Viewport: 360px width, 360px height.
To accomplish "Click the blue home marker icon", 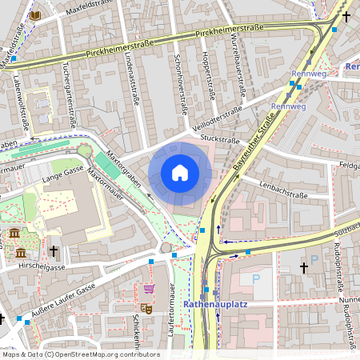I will (180, 173).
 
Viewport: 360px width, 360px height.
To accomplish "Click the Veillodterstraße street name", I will (216, 117).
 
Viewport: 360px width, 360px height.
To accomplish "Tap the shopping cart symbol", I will (149, 288).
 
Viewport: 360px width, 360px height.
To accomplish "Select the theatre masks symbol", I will (146, 307).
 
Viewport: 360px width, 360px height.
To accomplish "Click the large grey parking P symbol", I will (256, 279).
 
